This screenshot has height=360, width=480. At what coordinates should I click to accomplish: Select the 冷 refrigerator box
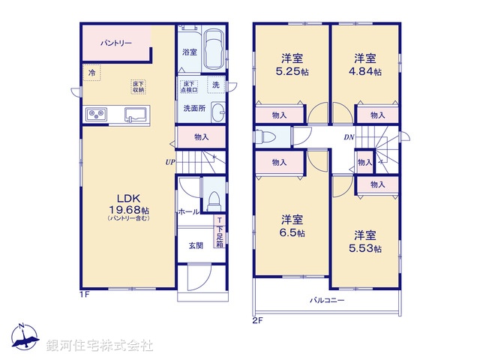tap(91, 73)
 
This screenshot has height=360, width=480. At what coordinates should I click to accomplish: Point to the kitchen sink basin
tap(136, 115)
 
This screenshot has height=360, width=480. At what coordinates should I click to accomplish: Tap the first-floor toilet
tap(213, 199)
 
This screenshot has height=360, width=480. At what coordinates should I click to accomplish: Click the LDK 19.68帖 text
tap(128, 203)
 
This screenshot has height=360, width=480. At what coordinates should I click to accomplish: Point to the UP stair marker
tap(171, 161)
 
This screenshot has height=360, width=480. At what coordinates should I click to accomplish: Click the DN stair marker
tap(349, 137)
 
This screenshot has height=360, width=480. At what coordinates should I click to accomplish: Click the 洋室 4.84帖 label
tap(366, 64)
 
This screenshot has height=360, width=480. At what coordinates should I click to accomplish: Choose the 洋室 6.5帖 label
tap(292, 226)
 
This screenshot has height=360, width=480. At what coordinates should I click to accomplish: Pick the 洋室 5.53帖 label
tap(366, 241)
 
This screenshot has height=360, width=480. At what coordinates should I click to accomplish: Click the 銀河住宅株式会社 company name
tap(100, 346)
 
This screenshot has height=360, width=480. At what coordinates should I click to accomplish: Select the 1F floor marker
tap(85, 294)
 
